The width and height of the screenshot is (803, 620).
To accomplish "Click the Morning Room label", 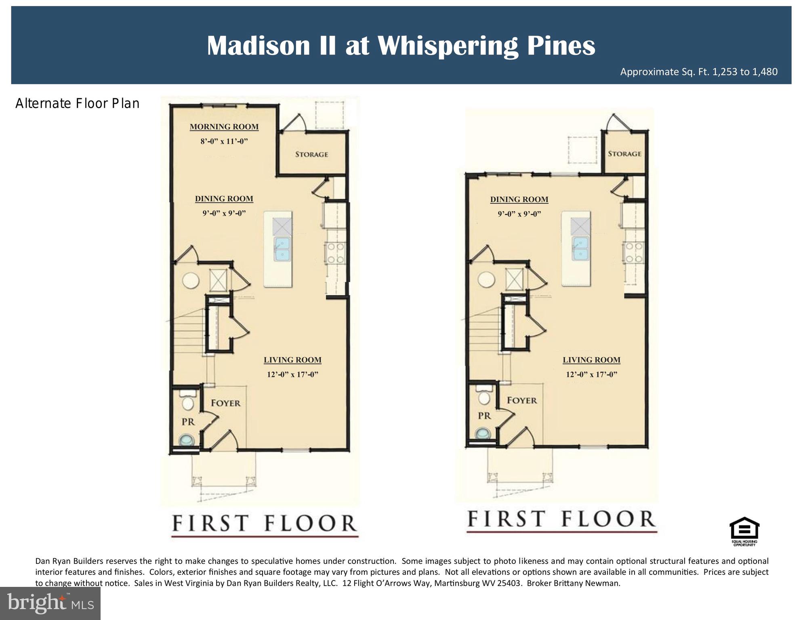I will click(x=224, y=127).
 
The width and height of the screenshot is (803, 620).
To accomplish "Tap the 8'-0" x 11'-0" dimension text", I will click(x=224, y=141).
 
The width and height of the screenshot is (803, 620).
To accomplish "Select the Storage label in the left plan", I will click(x=311, y=154).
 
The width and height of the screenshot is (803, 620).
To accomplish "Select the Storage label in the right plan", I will click(x=624, y=153).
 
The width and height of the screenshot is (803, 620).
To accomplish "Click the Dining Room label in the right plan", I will click(x=519, y=200).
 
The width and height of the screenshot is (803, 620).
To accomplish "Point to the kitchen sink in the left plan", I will click(x=282, y=248).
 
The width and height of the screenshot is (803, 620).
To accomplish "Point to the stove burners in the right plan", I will click(x=633, y=252).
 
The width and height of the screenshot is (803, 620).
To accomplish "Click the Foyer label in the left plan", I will click(x=225, y=403).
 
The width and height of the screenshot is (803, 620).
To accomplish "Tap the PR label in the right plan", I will click(x=484, y=416).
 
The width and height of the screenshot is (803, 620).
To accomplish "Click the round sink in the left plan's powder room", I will click(x=186, y=439).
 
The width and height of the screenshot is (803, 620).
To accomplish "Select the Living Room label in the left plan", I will click(x=292, y=360).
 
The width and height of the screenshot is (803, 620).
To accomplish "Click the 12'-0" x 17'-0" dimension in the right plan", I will click(x=591, y=374).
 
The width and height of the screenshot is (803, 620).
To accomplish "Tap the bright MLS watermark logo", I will click(x=50, y=603).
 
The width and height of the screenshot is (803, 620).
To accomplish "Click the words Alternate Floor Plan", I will click(x=77, y=104).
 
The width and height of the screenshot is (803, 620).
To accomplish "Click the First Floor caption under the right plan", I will click(x=561, y=519).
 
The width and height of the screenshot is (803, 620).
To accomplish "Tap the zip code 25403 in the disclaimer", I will click(x=508, y=583).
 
